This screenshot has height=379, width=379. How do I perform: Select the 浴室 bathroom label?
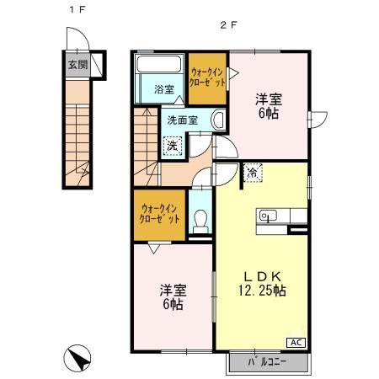click(x=163, y=88)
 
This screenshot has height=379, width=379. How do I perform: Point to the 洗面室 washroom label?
click(x=180, y=120)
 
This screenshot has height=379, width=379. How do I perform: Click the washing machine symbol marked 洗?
click(x=172, y=144)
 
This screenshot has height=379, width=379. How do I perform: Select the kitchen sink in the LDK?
click(x=269, y=216)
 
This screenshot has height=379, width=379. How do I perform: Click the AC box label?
click(x=297, y=341)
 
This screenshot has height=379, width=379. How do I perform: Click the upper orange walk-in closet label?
click(x=206, y=79)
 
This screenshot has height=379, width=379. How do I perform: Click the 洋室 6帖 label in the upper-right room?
click(x=268, y=105)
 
